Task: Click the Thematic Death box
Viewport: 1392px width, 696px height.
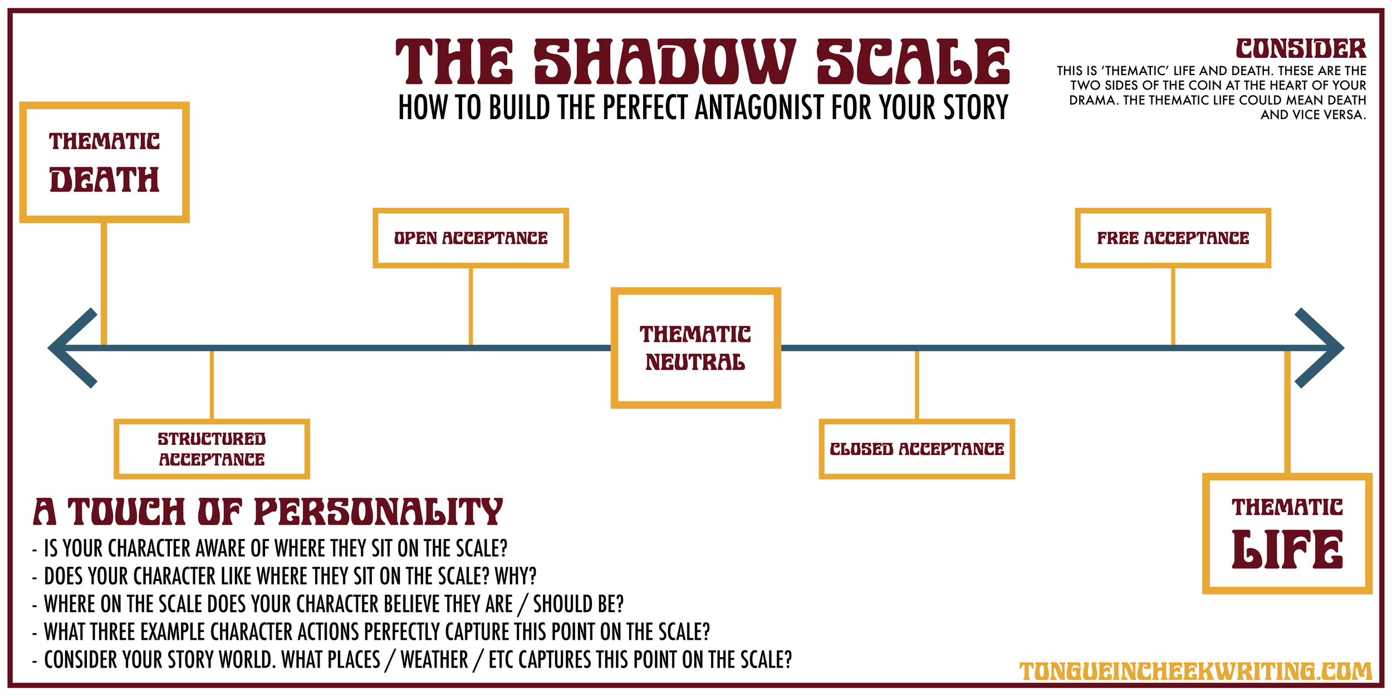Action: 104,162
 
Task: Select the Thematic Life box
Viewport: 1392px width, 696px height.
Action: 1287,533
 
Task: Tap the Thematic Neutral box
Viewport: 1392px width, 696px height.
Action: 695,348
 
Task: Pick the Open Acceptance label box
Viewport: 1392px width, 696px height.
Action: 470,238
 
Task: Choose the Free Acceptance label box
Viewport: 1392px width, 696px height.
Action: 1173,238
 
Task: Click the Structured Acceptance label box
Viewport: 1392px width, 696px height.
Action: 212,449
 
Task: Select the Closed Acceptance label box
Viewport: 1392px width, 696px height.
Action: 916,449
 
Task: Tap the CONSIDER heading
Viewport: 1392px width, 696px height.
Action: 1301,49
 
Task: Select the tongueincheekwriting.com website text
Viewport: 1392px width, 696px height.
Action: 1195,671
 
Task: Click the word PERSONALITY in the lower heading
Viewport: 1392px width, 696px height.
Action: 379,512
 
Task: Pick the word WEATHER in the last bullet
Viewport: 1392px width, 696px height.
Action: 434,660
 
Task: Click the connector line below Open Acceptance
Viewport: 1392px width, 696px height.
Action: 470,306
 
